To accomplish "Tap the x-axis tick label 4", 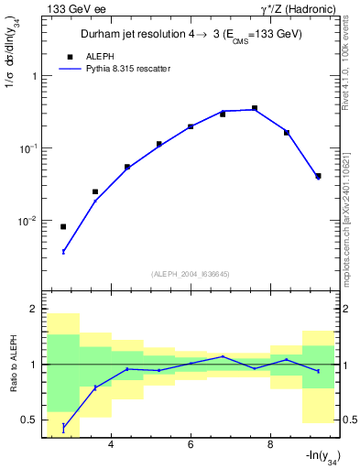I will (x=111, y=445).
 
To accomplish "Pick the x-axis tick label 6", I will (x=191, y=445).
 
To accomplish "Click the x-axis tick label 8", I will (x=270, y=445).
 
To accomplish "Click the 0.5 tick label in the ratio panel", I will (x=32, y=420).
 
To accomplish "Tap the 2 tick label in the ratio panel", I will (x=37, y=310).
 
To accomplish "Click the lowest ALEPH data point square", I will (x=63, y=226).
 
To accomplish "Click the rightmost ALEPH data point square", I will (x=318, y=176).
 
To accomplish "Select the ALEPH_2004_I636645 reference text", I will (x=191, y=273).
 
